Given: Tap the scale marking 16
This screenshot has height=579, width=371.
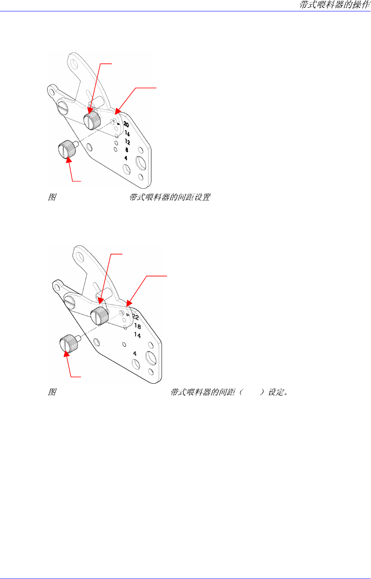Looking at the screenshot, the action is pos(127,133).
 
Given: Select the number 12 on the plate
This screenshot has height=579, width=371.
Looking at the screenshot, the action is pos(127,142).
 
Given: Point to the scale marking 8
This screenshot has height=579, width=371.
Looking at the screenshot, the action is pos(127,150).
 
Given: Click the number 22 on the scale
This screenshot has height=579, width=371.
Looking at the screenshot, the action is pos(136,317).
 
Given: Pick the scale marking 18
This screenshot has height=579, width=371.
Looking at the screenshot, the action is pos(137,326).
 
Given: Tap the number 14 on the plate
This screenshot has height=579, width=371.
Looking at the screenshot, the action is pos(137,335).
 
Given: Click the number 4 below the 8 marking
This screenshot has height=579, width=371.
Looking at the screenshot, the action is pos(126,158).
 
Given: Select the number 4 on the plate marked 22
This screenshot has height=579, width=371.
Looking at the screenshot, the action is pos(135,354).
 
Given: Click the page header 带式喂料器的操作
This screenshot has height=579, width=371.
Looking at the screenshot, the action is pos(335,5).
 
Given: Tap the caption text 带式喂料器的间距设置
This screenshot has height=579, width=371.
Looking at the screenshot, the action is pos(170,198).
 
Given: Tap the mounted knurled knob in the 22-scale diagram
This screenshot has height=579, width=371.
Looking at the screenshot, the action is pos(99,315).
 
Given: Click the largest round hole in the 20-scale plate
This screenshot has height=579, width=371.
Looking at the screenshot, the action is pos(142,164).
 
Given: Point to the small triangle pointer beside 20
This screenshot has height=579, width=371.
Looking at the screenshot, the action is pos(119,124).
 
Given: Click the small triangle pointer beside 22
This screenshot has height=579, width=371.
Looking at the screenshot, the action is pos(127,315).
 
